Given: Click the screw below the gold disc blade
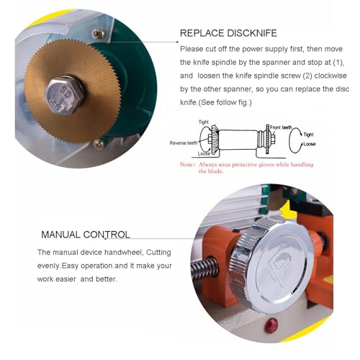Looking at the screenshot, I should (x=99, y=144).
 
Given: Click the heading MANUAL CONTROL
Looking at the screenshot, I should (x=85, y=235).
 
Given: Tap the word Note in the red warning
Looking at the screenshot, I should (x=189, y=164).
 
